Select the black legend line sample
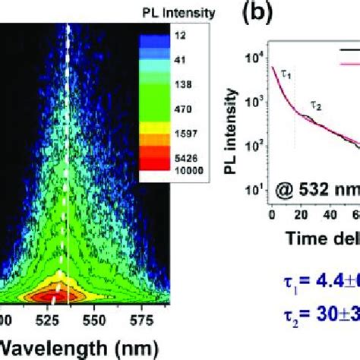(349, 47)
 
